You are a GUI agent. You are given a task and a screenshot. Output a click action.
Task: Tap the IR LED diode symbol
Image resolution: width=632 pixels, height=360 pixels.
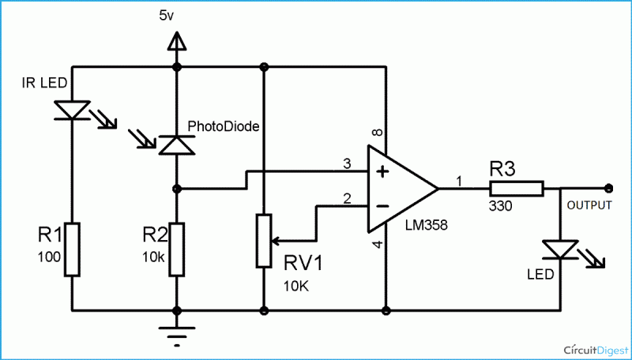coord(72,111)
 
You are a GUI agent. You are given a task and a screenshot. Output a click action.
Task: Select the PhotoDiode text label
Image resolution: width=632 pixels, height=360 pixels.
coord(223,126)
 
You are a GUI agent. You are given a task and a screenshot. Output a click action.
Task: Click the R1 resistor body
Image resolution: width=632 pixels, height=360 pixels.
coord(72,249)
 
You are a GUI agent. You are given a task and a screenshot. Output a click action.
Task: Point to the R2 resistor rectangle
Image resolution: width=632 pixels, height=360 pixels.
coord(176,249)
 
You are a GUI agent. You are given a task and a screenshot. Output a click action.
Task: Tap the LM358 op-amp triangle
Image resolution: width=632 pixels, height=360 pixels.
coord(399,189)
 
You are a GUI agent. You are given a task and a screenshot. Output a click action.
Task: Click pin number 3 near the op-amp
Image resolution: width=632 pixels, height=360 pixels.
coord(346,163)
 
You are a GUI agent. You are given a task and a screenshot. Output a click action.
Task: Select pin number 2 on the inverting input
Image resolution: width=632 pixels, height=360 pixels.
coord(346,198)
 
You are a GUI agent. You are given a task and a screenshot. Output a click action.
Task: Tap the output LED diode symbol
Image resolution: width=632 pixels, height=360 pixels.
coord(559,250)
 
